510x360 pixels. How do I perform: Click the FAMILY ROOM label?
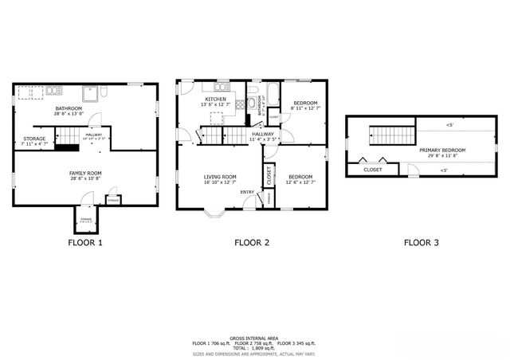[85, 172]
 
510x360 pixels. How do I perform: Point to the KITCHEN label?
[215, 100]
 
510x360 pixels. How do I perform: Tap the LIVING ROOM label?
[220, 177]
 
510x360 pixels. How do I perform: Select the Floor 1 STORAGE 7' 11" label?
[34, 139]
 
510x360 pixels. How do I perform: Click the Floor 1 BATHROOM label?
[69, 108]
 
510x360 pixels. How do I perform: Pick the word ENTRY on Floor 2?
[247, 191]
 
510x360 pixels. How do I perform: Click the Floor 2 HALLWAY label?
[263, 135]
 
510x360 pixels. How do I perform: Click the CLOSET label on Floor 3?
[372, 170]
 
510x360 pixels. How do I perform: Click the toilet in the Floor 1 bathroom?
[104, 92]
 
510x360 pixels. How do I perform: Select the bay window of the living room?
[215, 213]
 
